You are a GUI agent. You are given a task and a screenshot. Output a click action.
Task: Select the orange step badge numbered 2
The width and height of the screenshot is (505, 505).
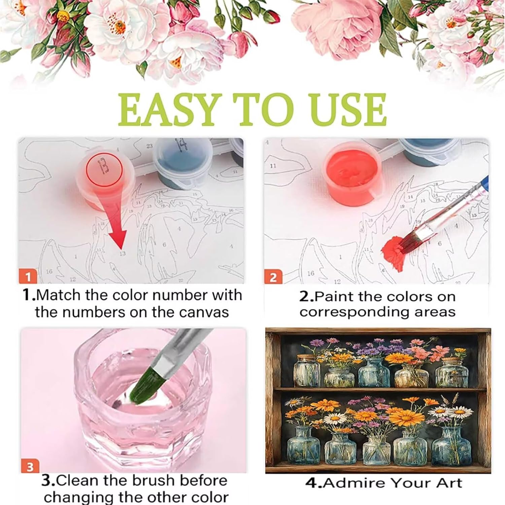[x=273, y=277]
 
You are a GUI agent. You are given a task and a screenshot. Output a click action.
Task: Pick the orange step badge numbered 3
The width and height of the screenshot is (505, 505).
[x=30, y=467]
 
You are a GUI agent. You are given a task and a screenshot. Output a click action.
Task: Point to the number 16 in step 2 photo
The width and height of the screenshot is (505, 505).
[x=310, y=273]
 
